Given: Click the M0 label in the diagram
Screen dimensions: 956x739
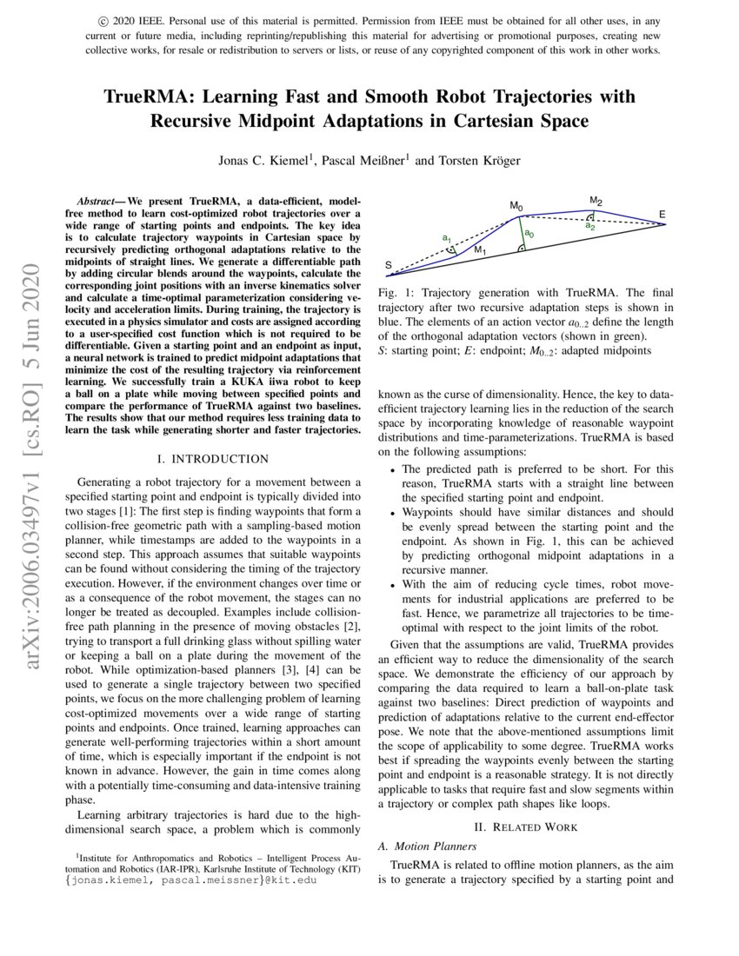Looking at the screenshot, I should pos(516,206).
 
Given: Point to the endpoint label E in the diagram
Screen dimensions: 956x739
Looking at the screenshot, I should pos(662,214).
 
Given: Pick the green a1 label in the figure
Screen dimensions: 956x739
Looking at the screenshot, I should pos(446,236).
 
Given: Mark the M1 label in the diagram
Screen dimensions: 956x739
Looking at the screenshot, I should pos(480,250).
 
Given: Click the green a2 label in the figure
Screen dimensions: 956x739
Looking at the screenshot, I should pos(589,225).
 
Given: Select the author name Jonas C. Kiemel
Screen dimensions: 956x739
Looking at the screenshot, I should pos(265,160).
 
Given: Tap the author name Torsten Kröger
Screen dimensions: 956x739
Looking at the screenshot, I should pos(476,160).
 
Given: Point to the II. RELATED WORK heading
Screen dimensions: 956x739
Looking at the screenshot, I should pos(525,827).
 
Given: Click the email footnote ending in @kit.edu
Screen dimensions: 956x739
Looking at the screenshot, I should pos(192,880).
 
